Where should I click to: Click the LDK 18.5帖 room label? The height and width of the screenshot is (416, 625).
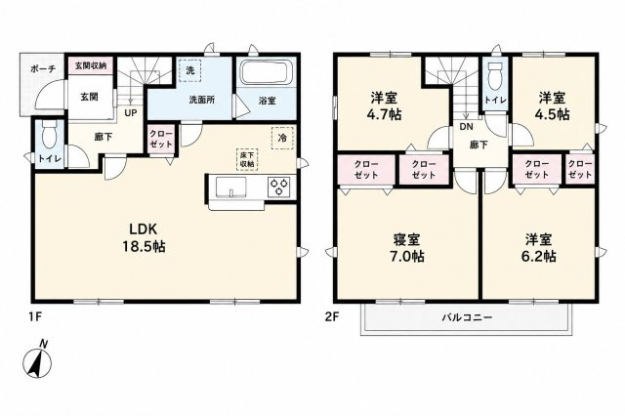click(144, 238)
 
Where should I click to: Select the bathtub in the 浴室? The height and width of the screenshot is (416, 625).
click(267, 71)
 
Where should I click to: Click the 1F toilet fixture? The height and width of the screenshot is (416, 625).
click(51, 136)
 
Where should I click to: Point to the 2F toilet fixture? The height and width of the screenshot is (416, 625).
click(496, 76)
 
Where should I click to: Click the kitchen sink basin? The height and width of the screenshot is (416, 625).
click(231, 187)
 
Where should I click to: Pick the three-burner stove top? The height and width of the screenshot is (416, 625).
click(278, 187)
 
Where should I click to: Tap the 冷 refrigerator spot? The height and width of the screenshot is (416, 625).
click(282, 138)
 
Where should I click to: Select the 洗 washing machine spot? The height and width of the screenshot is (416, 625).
click(190, 70)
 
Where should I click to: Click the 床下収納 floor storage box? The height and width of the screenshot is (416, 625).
click(247, 159)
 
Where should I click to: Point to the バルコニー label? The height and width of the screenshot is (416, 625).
click(467, 317)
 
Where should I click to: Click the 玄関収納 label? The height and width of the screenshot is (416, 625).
click(91, 65)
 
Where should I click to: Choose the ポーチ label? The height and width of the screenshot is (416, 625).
click(42, 69)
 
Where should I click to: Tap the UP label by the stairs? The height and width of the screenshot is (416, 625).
click(130, 113)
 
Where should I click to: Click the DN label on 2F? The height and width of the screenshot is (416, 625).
click(466, 127)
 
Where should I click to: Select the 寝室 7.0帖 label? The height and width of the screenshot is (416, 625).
click(406, 247)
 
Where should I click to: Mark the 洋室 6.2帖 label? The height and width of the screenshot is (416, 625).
click(538, 247)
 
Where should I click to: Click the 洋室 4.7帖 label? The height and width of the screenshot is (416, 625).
click(384, 105)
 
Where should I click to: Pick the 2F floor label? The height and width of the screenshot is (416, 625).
click(331, 317)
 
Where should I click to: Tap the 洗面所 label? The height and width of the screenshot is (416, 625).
click(202, 100)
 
